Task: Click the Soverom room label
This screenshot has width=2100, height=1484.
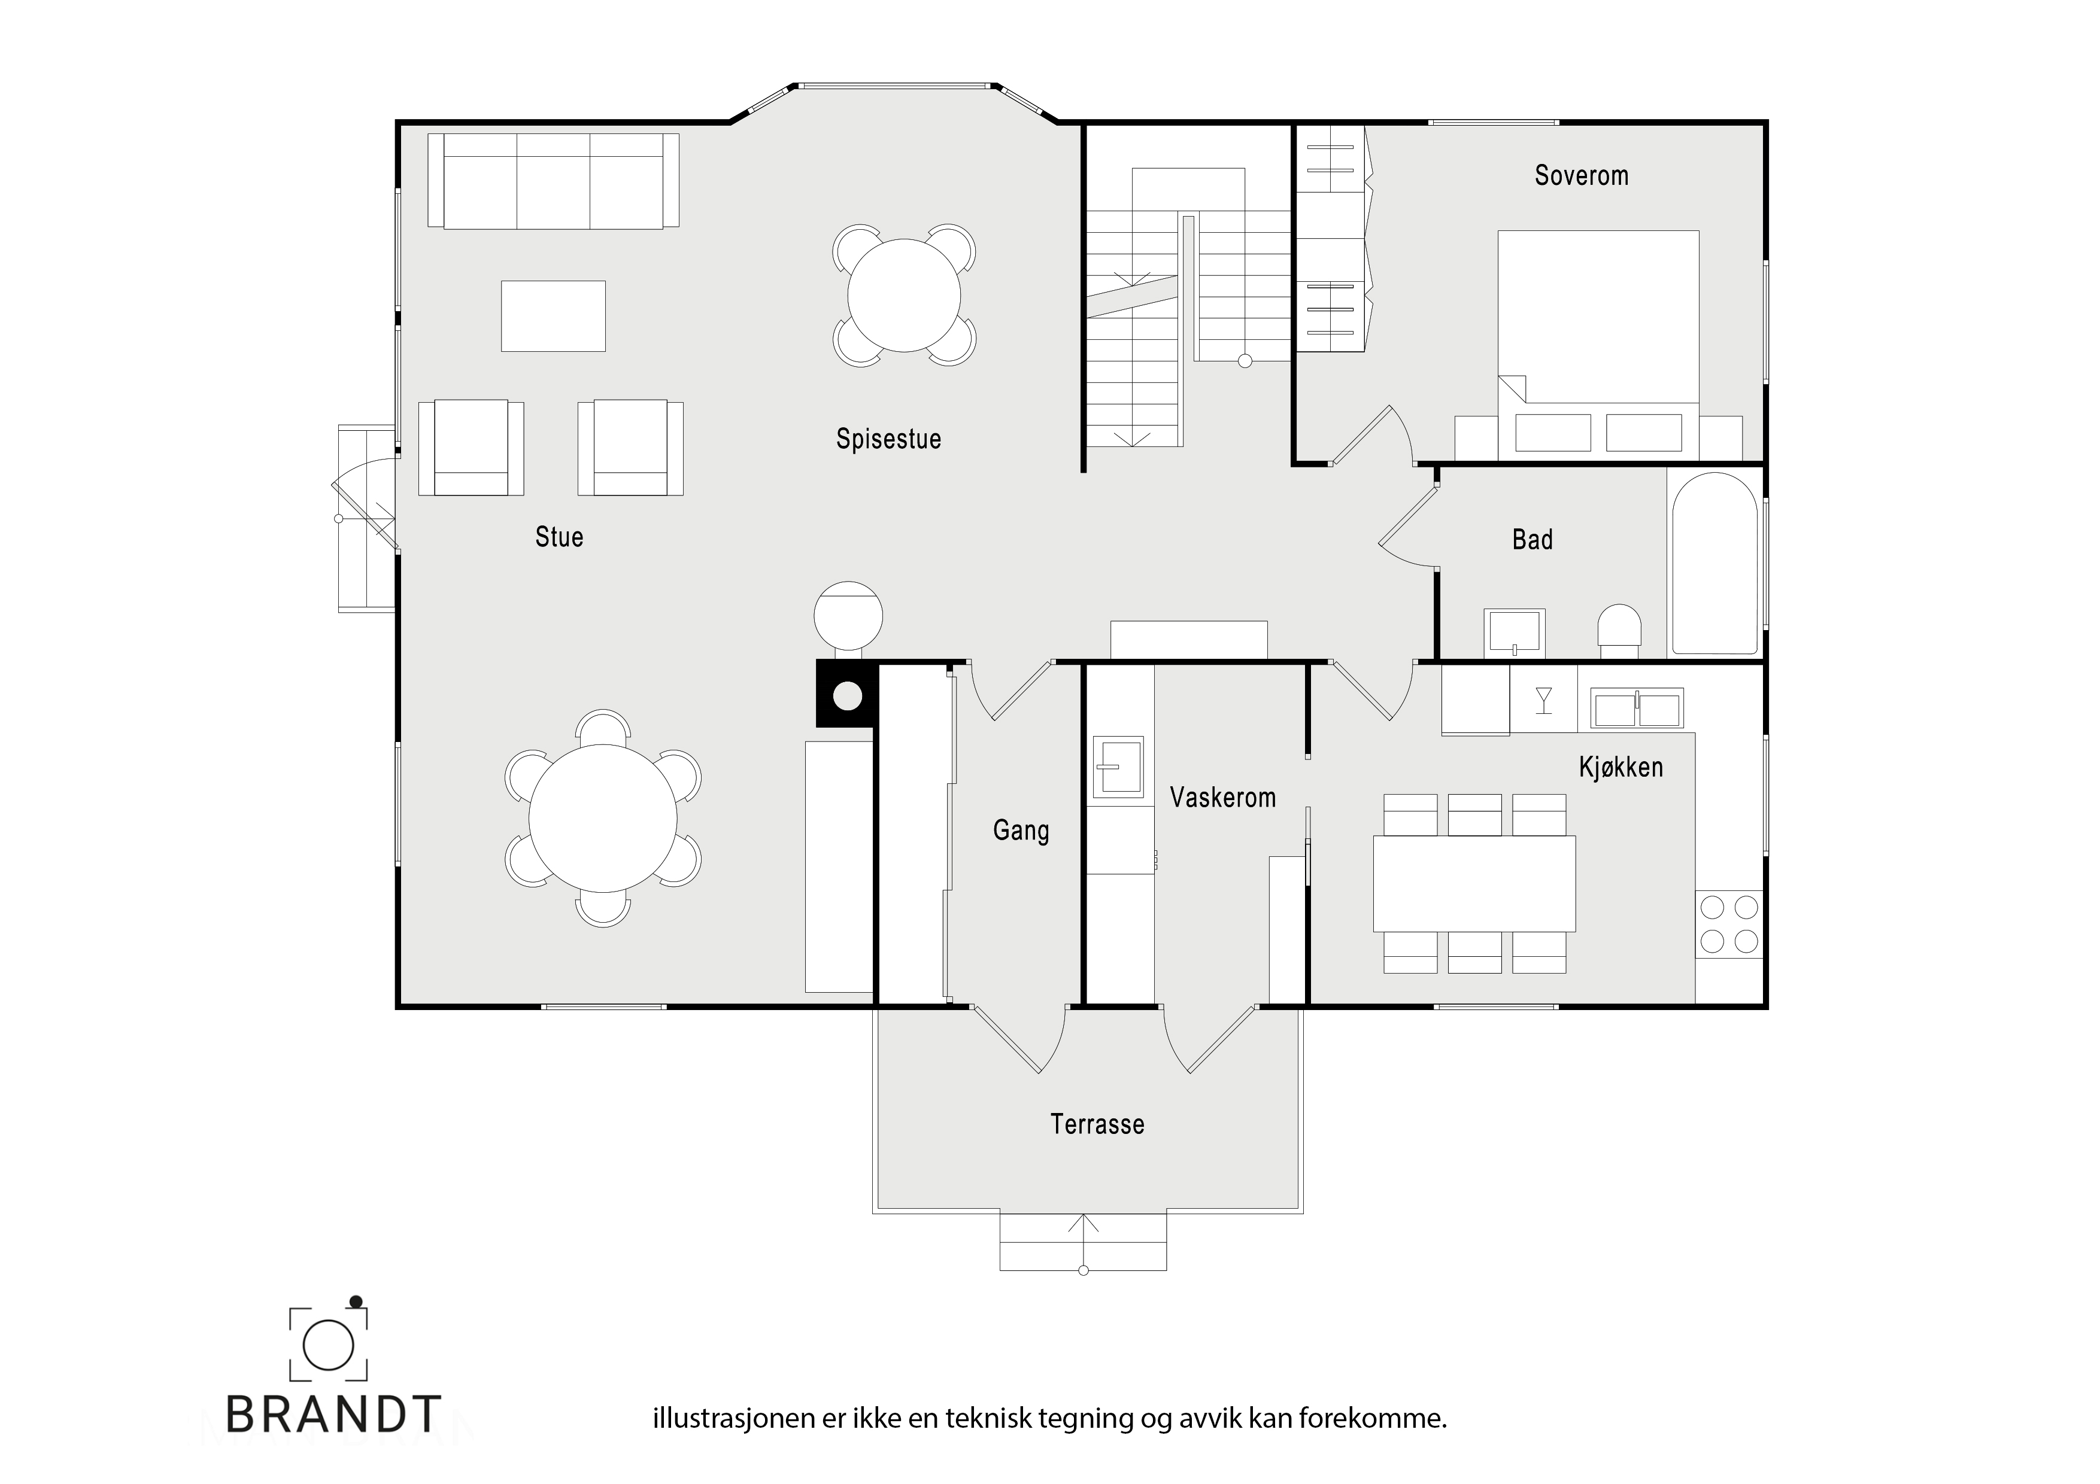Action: coord(1582,175)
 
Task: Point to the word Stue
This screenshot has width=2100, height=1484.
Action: coord(559,537)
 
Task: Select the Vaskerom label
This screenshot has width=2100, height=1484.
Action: coord(1223,797)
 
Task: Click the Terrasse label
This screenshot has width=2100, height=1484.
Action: coord(1097,1124)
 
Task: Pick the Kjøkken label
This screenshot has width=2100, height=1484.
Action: coord(1620,767)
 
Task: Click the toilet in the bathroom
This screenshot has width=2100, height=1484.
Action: coord(1619,630)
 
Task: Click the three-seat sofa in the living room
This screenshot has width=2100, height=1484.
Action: coord(553,181)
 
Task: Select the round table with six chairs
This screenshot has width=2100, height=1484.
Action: coord(603,819)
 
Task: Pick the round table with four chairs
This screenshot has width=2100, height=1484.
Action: coord(904,296)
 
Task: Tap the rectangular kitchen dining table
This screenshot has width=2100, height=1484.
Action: coord(1474,883)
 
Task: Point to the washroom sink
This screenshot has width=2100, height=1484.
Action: coord(1118,766)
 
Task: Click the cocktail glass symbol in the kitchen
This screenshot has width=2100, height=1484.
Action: coord(1544,700)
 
